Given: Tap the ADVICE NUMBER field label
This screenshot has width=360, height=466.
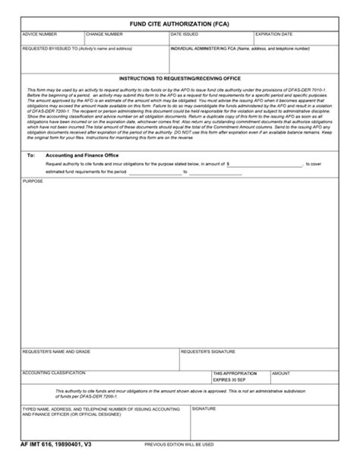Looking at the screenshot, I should tap(39, 35).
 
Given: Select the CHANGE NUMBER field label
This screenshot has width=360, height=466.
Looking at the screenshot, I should tap(105, 35).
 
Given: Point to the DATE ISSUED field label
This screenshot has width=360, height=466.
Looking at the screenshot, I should tap(185, 35).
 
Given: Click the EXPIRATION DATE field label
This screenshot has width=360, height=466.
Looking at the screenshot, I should tap(274, 35).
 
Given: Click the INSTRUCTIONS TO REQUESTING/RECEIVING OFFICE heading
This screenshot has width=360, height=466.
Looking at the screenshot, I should tap(179, 78).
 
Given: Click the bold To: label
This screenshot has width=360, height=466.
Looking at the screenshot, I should tap(31, 154).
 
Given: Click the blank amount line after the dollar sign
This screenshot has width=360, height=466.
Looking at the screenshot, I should tap(266, 163).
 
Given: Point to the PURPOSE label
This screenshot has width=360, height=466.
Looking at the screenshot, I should tap(33, 182).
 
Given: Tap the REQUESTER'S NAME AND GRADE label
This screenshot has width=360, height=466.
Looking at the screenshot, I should tap(57, 351).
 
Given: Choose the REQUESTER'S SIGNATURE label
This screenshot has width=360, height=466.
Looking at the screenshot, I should tap(207, 351).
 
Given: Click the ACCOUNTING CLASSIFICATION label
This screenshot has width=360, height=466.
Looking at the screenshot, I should tap(54, 373).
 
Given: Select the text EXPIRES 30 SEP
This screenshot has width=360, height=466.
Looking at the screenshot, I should tap(230, 379).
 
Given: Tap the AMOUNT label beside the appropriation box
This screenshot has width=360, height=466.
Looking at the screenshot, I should tap(281, 373).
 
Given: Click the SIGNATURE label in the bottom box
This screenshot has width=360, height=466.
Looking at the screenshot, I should tap(203, 408).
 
